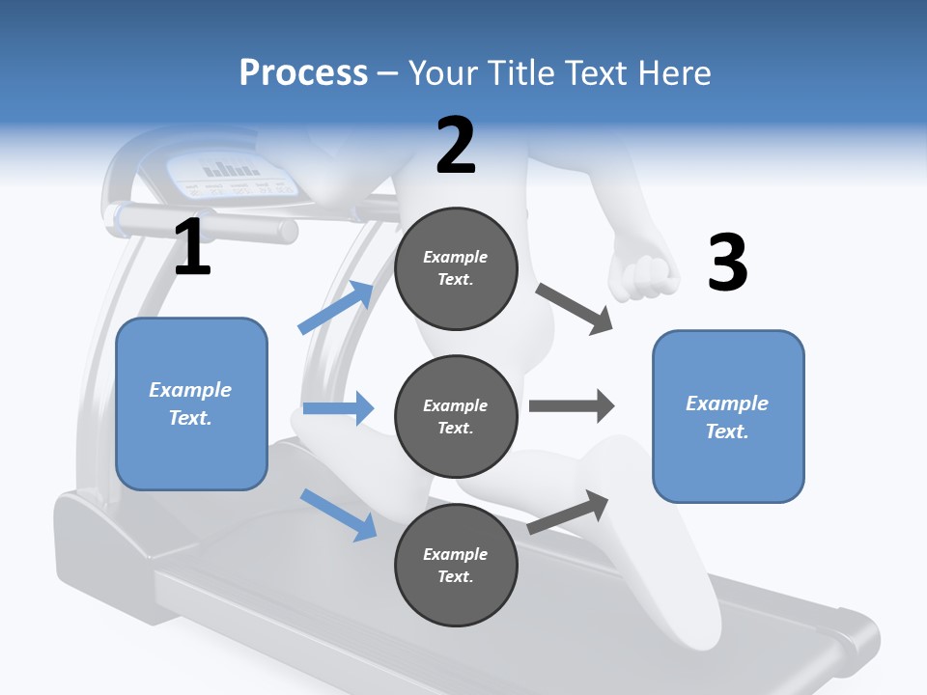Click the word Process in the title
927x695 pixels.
click(x=303, y=73)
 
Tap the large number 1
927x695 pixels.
click(x=192, y=247)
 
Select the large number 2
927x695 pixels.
click(x=456, y=145)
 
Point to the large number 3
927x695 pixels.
click(x=727, y=263)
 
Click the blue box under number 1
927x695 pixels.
click(x=191, y=403)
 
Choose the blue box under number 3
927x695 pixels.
click(x=728, y=417)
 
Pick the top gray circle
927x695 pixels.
click(x=456, y=268)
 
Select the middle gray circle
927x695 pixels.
click(x=456, y=416)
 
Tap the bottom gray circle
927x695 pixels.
click(x=456, y=565)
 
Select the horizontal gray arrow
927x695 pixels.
click(x=572, y=405)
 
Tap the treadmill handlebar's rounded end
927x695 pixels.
click(x=287, y=231)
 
